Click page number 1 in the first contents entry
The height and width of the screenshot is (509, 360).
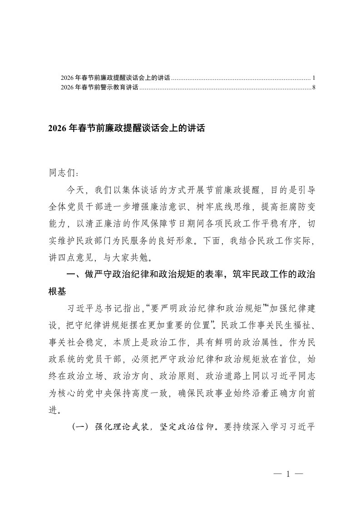[314, 78]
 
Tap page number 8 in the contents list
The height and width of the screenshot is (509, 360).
[314, 88]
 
